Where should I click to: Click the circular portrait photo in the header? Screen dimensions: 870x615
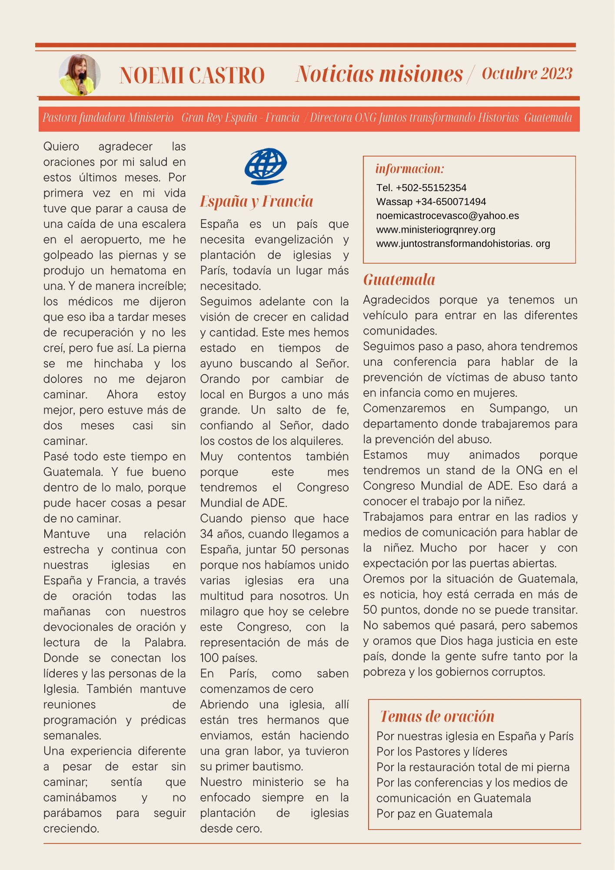pyautogui.click(x=80, y=75)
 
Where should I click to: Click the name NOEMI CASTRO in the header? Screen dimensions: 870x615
pyautogui.click(x=192, y=75)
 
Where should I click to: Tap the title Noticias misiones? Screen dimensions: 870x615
pyautogui.click(x=379, y=74)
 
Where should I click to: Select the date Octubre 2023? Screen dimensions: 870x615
pyautogui.click(x=527, y=74)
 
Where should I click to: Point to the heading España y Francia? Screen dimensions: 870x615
pyautogui.click(x=256, y=201)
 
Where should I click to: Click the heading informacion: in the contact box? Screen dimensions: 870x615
pyautogui.click(x=409, y=169)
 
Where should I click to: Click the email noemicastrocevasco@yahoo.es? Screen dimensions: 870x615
pyautogui.click(x=447, y=216)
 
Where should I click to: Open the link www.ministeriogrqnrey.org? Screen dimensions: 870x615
pyautogui.click(x=435, y=230)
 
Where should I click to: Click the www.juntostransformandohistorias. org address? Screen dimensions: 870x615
pyautogui.click(x=463, y=244)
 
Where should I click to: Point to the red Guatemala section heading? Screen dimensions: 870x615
pyautogui.click(x=399, y=280)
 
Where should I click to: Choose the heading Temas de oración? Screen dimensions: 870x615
pyautogui.click(x=437, y=716)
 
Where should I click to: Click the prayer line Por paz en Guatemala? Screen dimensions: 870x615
pyautogui.click(x=434, y=814)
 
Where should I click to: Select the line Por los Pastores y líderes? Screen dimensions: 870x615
pyautogui.click(x=442, y=752)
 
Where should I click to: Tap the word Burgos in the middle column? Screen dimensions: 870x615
pyautogui.click(x=267, y=395)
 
